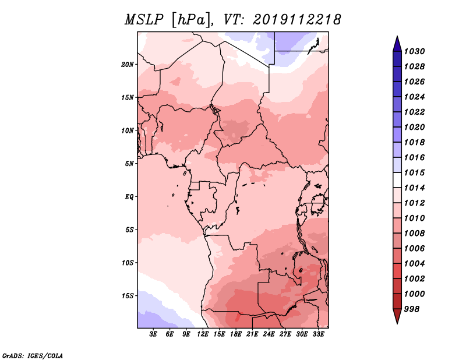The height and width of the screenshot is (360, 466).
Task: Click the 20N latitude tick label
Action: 128,64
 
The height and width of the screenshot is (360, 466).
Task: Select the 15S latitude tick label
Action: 128,295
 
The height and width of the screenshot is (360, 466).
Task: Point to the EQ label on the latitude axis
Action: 129,196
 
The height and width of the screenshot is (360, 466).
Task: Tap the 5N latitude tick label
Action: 129,163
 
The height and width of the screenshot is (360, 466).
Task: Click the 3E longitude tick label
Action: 154,334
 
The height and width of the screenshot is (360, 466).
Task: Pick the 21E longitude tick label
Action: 252,334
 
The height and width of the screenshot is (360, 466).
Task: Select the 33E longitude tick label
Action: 318,334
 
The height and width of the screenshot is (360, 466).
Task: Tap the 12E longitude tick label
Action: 203,334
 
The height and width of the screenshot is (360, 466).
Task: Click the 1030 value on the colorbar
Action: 416,51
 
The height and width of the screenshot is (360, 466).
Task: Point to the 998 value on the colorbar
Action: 414,309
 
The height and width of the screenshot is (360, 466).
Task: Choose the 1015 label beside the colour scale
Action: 416,173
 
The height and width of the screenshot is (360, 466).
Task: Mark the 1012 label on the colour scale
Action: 416,203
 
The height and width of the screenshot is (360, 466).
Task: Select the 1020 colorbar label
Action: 416,127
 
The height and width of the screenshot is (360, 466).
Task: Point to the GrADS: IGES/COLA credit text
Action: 32,355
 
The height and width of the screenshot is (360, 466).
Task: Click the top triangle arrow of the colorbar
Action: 397,43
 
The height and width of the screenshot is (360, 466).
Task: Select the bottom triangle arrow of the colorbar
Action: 397,316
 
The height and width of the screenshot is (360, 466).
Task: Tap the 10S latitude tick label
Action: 128,262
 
